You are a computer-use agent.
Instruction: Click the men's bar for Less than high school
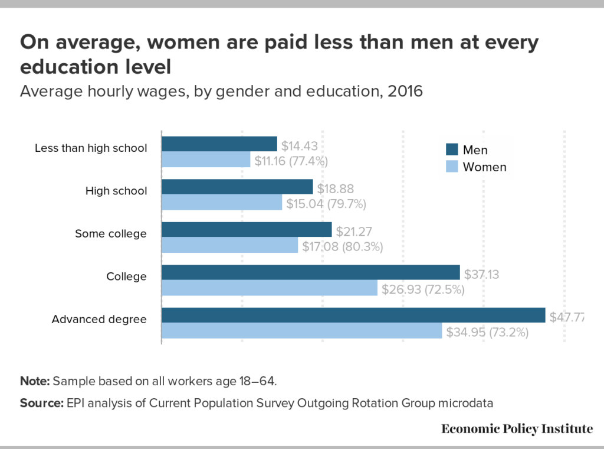(219, 144)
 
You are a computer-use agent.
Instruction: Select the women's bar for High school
(222, 203)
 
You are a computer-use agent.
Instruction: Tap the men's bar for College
(310, 272)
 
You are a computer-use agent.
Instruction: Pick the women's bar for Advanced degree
(301, 331)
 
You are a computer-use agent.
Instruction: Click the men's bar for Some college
(247, 230)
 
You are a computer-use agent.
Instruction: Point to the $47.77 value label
(566, 317)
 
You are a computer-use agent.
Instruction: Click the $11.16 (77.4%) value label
(291, 161)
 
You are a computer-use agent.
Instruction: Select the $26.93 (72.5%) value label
(423, 289)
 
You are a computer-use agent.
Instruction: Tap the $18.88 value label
(336, 188)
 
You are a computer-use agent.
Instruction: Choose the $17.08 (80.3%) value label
(343, 246)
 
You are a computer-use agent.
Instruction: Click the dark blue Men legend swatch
(451, 150)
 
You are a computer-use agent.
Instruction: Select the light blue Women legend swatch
(451, 167)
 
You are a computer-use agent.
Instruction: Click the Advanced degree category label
(99, 319)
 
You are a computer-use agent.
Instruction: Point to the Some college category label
(110, 233)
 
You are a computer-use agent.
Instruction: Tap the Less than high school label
(91, 148)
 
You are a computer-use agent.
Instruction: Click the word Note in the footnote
(35, 380)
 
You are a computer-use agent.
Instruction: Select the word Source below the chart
(41, 403)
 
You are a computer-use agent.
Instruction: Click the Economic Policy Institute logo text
(517, 429)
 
